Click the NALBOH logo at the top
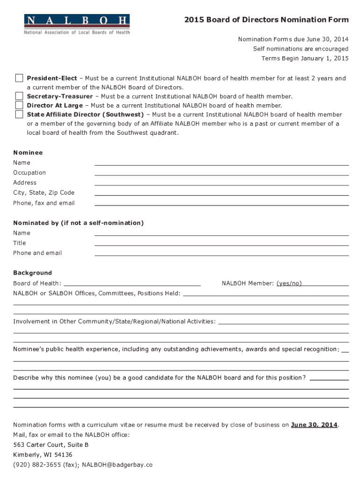77,24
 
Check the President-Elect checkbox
19,78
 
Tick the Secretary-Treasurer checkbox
19,96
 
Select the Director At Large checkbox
19,105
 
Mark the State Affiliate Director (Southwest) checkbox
19,114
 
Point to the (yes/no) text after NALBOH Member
289,283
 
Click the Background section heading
32,273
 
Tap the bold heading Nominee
28,152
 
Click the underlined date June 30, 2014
314,425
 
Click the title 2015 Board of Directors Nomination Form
266,20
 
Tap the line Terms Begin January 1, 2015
305,58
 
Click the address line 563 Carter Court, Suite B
50,445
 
